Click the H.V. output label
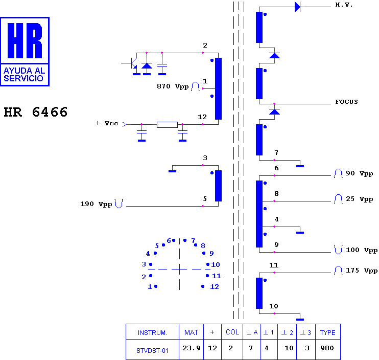tap(344, 5)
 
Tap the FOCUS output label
tap(346, 102)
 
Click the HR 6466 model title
tap(36, 112)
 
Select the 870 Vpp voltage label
tap(173, 86)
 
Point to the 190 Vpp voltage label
tap(96, 204)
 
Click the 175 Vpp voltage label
tap(362, 271)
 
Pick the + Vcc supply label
tap(107, 123)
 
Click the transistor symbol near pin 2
tap(132, 63)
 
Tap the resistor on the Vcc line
tap(167, 125)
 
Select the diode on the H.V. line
tap(298, 7)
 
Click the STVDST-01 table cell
tap(152, 351)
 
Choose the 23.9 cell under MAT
tap(191, 348)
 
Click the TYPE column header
tap(327, 333)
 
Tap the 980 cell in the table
tap(327, 348)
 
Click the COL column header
tap(232, 332)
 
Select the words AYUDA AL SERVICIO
tap(24, 75)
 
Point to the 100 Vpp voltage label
tap(362, 250)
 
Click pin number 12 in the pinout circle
tap(215, 287)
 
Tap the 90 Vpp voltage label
tap(359, 173)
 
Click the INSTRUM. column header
tap(152, 333)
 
